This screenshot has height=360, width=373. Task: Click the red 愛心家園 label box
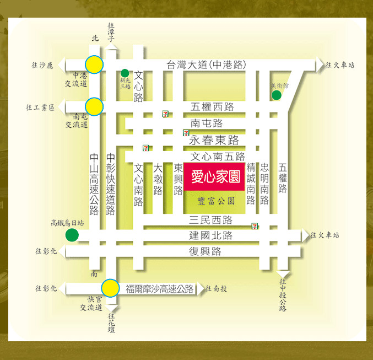pos(214,177)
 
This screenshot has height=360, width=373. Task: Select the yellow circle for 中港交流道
pos(94,65)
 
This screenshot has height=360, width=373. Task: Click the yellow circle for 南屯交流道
pos(94,106)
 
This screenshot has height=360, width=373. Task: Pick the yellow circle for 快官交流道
pos(110,288)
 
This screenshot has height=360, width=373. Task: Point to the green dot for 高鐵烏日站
pos(72,235)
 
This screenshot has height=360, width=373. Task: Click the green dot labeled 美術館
pos(277,95)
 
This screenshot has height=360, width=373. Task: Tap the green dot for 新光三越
pos(125,73)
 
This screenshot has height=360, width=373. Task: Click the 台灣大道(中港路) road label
pos(206,65)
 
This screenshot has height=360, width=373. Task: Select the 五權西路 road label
pos(212,106)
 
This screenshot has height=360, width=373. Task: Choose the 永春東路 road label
pos(214,140)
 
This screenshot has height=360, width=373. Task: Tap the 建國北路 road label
pos(210,235)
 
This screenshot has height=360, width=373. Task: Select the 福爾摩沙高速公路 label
pos(160,288)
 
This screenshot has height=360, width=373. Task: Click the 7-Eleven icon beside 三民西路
pos(255,226)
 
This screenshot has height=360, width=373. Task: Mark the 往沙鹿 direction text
pos(42,65)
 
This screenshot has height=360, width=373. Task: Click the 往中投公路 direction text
pos(283,295)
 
